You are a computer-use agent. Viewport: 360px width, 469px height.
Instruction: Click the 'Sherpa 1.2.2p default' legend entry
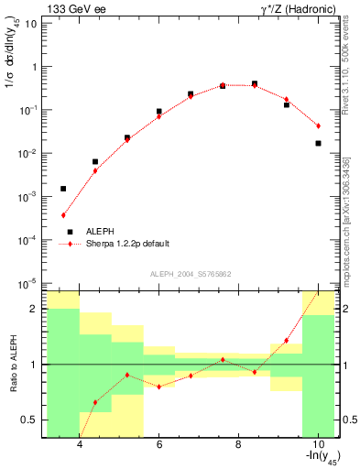point(127,244)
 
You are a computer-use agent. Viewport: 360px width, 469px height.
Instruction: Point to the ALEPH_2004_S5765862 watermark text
point(190,275)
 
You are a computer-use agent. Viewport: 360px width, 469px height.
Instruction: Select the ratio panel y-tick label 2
point(34,309)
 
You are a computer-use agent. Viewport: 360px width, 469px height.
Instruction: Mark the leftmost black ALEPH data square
point(63,189)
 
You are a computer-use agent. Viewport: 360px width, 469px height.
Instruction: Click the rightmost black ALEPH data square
point(318,143)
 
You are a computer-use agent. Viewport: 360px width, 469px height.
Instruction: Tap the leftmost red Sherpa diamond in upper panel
point(63,215)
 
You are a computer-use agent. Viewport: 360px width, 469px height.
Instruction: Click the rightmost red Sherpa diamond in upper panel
point(318,125)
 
